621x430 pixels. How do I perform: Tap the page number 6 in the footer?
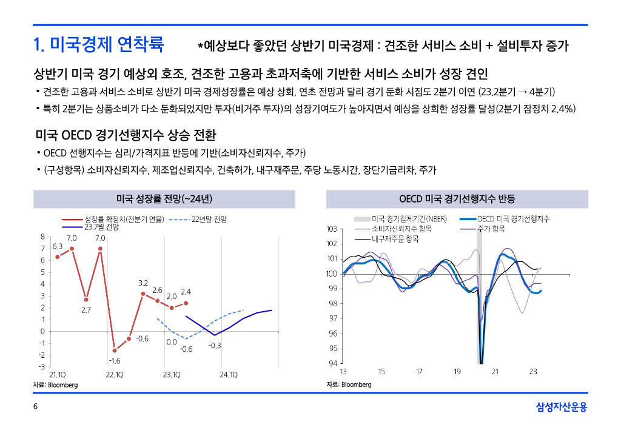tap(35, 407)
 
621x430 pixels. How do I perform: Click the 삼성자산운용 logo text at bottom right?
tap(562, 407)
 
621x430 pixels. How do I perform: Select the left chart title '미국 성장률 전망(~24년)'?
tap(164, 199)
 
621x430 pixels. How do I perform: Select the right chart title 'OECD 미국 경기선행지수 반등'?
tap(457, 199)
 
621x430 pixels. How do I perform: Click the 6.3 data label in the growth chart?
tap(58, 246)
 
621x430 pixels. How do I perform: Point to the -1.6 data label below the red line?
tap(115, 361)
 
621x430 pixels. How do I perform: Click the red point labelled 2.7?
tap(86, 300)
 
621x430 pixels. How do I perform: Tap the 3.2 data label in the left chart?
tap(143, 283)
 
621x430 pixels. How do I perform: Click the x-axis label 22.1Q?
tap(115, 375)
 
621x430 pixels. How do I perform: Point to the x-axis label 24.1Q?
tap(229, 375)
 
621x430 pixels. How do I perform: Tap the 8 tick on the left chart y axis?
tap(42, 237)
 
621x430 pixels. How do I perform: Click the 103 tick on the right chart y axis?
tap(331, 229)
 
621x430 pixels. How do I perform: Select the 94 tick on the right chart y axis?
tap(332, 363)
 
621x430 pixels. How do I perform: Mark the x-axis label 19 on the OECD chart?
tap(457, 372)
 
